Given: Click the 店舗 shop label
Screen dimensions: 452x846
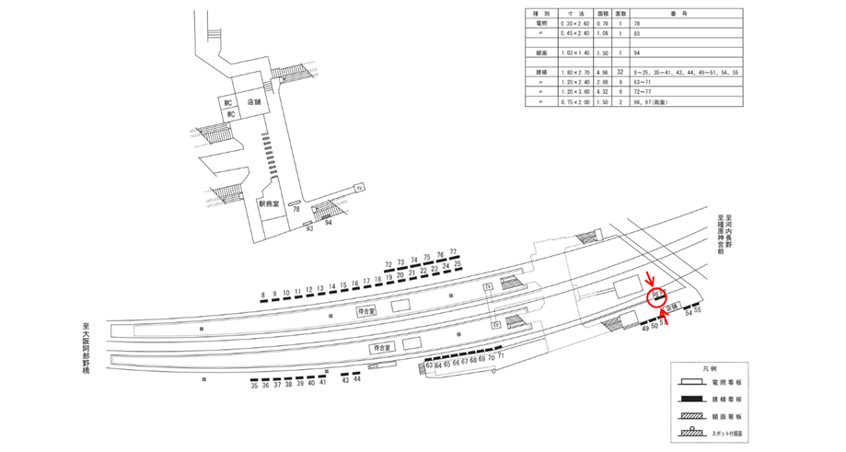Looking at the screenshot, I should click(242, 103).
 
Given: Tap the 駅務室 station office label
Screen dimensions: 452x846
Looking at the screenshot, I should click(268, 203).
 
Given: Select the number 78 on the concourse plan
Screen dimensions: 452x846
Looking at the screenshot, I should click(296, 210).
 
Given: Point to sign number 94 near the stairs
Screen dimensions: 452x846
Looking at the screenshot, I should click(329, 222).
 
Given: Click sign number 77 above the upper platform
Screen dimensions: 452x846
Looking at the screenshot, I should click(453, 253).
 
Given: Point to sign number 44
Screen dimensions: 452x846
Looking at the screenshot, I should click(357, 379).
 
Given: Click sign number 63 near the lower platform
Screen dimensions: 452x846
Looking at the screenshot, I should click(429, 365).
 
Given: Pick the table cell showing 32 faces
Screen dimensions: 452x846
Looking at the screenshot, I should click(620, 71).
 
